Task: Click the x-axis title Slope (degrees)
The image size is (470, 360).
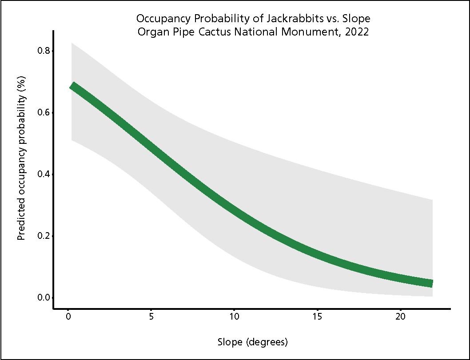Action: click(x=253, y=342)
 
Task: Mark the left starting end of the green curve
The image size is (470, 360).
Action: click(x=73, y=86)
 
